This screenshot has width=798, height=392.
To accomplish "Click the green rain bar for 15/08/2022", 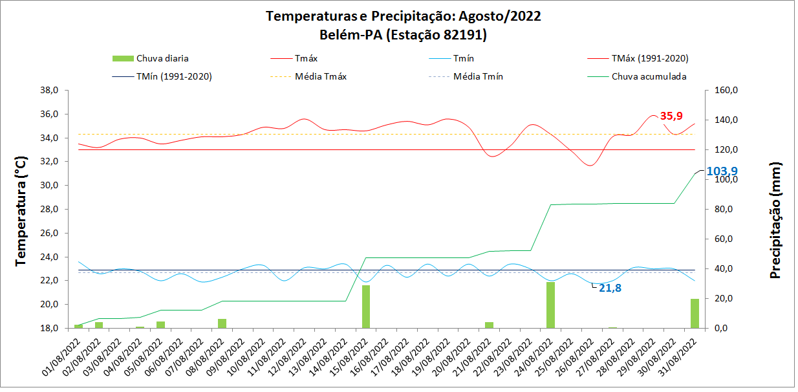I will (365, 307).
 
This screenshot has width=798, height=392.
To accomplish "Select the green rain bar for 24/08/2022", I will (550, 305).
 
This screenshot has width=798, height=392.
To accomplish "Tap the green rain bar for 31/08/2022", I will (695, 313).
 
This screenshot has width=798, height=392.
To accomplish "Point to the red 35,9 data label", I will (671, 116).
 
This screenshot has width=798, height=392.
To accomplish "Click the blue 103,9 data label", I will (722, 171).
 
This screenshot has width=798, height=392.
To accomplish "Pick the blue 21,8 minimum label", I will (610, 288).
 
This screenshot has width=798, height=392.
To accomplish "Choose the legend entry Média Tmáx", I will (321, 76).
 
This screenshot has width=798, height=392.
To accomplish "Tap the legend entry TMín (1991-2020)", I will (174, 76).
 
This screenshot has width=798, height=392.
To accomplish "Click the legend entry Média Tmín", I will (478, 76).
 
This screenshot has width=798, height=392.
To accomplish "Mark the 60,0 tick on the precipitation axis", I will (722, 239).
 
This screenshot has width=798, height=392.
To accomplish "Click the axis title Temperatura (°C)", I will (22, 210).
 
